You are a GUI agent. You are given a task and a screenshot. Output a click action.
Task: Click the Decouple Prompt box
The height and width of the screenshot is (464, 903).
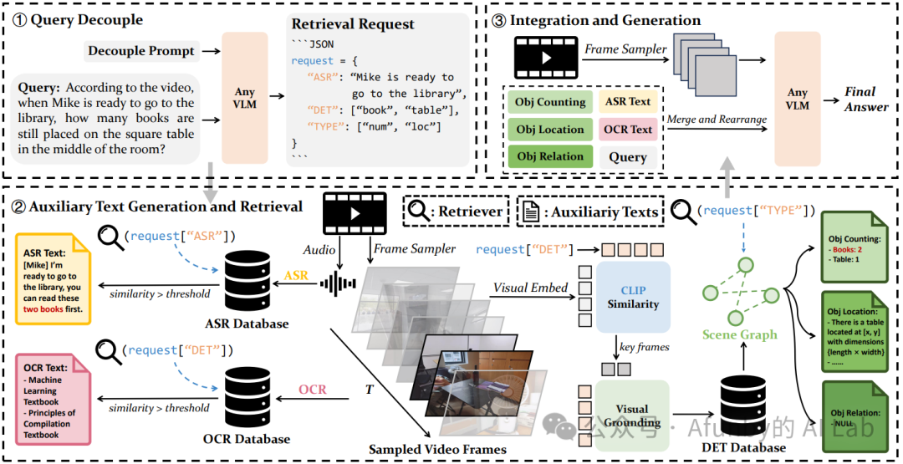142,52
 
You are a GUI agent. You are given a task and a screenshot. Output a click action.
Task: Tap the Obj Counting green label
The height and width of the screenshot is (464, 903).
549,102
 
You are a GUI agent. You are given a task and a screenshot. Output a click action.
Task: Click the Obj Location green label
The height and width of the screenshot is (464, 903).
549,130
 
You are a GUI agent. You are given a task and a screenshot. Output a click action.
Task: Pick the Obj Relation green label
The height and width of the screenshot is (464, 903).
549,156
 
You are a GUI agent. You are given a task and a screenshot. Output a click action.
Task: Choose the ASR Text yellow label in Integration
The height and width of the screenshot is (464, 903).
628,102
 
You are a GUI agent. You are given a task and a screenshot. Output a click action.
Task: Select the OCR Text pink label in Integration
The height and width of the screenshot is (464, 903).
628,130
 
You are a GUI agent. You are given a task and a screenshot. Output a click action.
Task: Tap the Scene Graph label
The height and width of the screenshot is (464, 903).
739,334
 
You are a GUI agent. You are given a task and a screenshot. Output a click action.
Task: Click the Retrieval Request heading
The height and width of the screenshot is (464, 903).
353,24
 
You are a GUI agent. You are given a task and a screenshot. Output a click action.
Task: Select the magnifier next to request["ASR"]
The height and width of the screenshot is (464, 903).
110,237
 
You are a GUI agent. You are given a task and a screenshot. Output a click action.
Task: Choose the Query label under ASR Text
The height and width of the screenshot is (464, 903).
628,156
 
